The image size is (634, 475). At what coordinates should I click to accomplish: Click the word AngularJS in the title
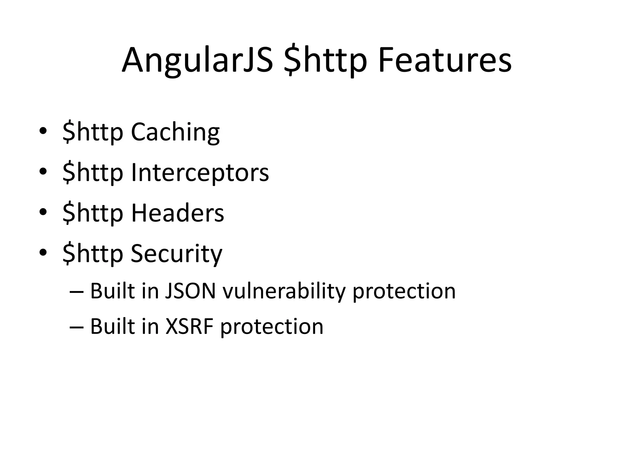tap(198, 60)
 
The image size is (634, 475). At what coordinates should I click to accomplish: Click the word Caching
tap(175, 132)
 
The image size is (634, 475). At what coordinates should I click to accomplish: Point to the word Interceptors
tap(200, 172)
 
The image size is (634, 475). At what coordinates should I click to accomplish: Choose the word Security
tap(176, 254)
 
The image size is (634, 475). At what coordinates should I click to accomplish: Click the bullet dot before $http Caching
tap(43, 131)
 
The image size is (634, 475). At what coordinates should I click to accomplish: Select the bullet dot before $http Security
tap(43, 253)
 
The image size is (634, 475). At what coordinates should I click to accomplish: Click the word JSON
tap(190, 291)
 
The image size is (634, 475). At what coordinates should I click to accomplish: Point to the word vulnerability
tap(284, 292)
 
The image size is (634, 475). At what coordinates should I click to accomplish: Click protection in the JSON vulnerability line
tap(404, 292)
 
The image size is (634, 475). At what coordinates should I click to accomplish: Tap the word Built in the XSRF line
tap(112, 326)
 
